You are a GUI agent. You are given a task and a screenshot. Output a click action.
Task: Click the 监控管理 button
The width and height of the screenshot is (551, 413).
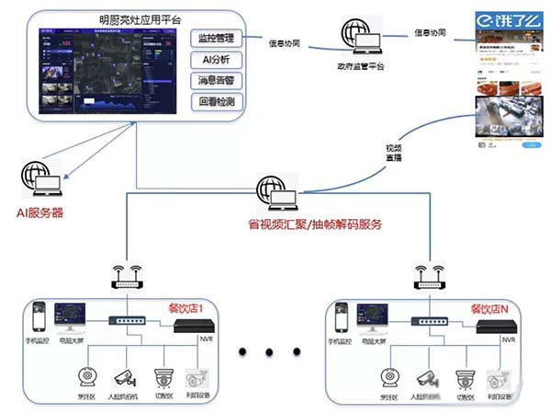click(217, 39)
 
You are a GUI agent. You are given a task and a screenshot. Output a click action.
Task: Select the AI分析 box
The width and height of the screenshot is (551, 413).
click(217, 60)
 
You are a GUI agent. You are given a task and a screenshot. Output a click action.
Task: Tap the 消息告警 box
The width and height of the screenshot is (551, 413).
click(217, 80)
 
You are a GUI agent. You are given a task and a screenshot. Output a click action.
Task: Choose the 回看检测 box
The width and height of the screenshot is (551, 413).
click(217, 100)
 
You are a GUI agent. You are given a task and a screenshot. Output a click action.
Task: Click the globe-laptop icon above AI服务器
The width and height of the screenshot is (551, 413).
click(43, 179)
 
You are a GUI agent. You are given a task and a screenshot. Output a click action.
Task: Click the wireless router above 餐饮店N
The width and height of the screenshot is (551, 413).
click(429, 276)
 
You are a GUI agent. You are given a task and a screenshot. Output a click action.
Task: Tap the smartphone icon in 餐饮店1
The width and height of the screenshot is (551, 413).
click(39, 317)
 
